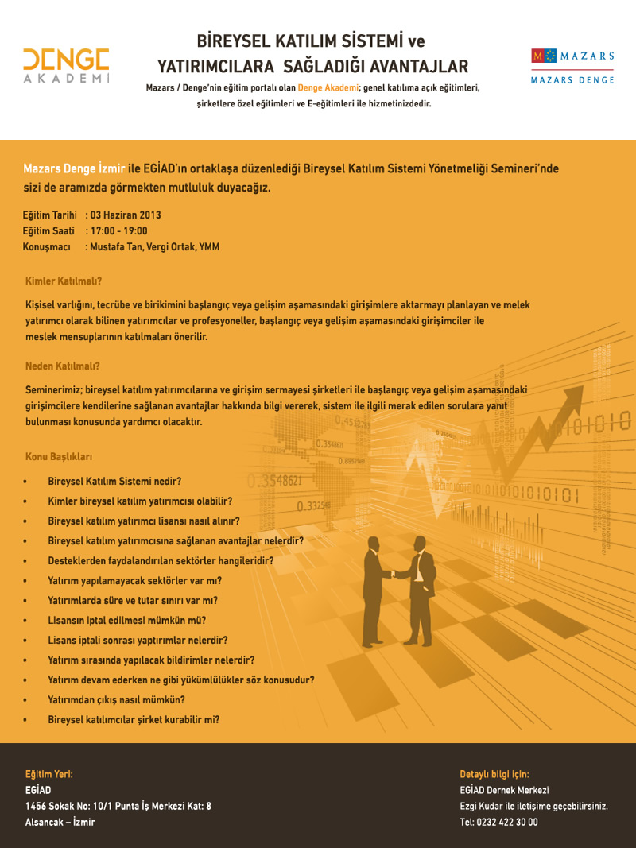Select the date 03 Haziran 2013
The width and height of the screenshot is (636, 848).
tap(126, 215)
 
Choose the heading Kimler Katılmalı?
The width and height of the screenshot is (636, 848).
tap(64, 281)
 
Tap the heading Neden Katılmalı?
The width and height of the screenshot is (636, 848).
tap(63, 366)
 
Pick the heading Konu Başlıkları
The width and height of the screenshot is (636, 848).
tap(60, 457)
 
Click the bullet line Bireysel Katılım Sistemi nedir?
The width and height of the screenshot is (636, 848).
tap(114, 482)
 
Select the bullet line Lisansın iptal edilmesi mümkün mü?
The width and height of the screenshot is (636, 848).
tap(126, 620)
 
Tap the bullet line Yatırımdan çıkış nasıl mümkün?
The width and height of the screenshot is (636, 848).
tap(116, 699)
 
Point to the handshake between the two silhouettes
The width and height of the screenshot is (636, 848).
tap(394, 575)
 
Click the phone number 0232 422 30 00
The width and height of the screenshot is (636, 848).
tap(507, 823)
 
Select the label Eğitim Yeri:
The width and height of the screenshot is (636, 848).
tap(48, 774)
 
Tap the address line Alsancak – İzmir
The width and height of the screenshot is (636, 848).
tap(60, 822)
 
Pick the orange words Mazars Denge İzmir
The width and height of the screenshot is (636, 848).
tap(74, 168)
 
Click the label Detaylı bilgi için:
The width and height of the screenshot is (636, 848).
tap(494, 774)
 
